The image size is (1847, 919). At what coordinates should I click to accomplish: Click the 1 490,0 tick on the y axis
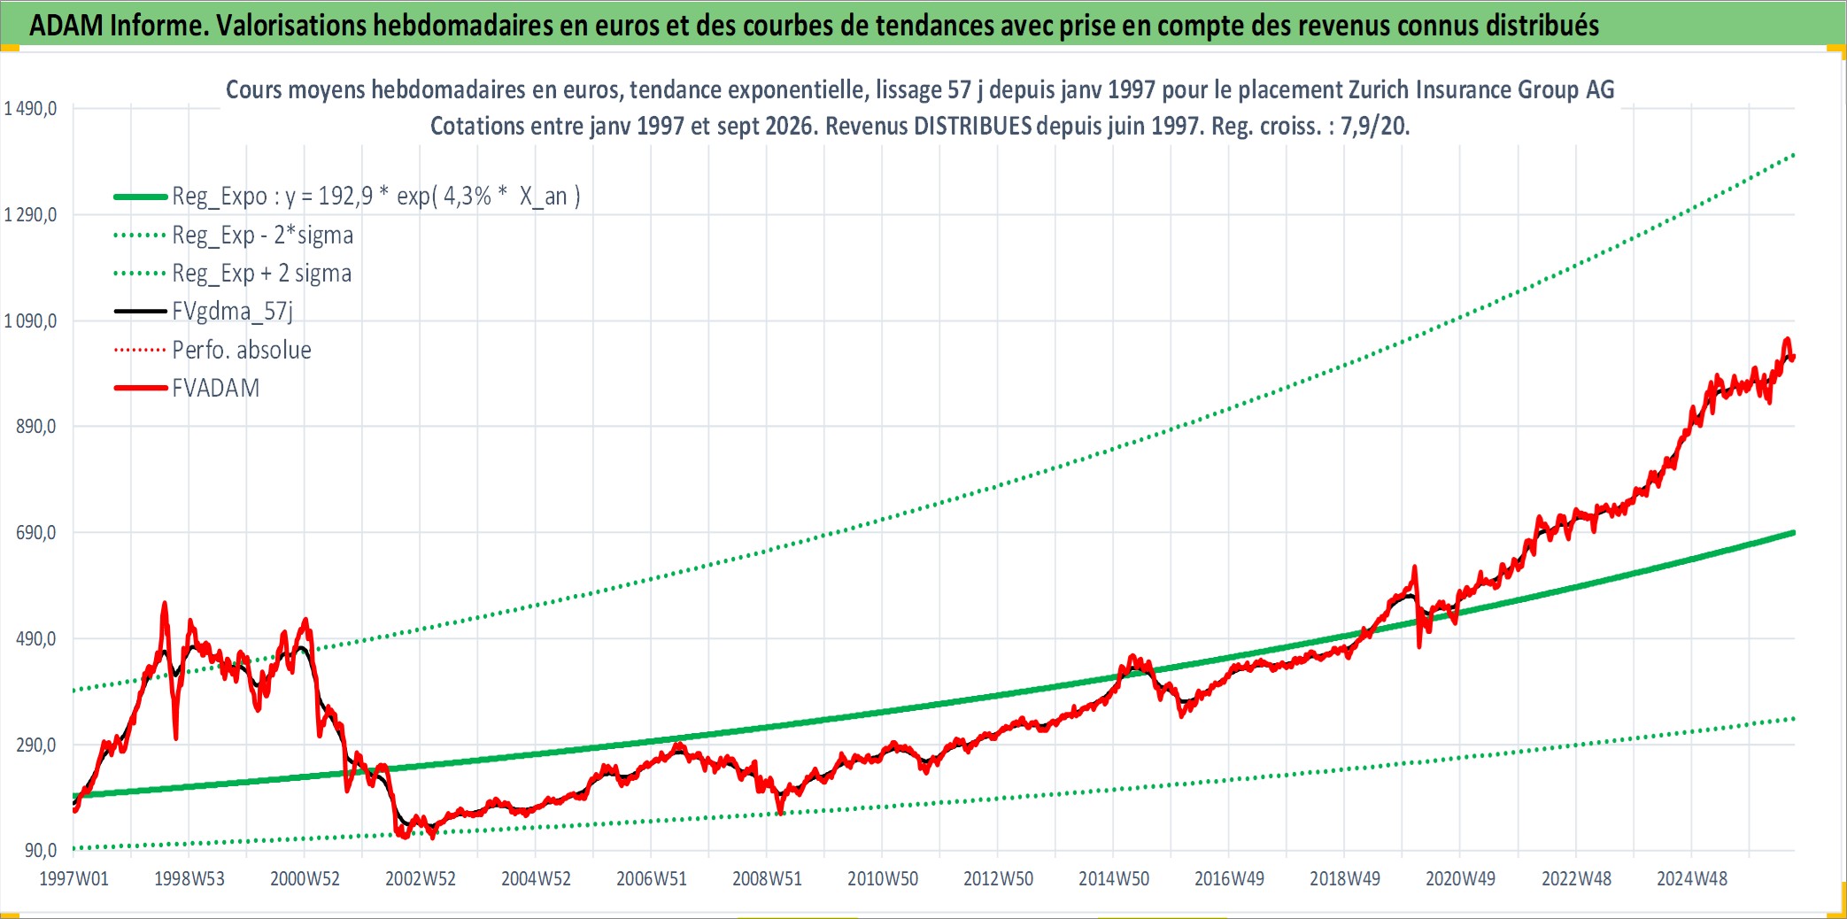(31, 109)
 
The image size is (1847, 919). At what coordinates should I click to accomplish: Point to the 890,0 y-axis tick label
(36, 427)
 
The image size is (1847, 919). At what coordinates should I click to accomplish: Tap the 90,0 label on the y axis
(41, 851)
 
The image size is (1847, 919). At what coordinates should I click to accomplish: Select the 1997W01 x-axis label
(74, 879)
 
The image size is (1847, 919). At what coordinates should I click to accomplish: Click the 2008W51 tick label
(767, 879)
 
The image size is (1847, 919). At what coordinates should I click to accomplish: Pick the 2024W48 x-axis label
(1692, 879)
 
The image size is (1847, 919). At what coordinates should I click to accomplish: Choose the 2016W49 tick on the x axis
(1229, 879)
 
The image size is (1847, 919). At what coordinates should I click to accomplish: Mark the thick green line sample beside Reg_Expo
(141, 197)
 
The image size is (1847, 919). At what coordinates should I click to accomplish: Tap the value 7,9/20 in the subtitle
(1374, 127)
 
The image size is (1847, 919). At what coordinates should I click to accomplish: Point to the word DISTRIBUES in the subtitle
(973, 127)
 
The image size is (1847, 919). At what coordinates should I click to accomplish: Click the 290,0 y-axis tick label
(36, 745)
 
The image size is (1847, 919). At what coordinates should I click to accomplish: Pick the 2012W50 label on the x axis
(998, 879)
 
